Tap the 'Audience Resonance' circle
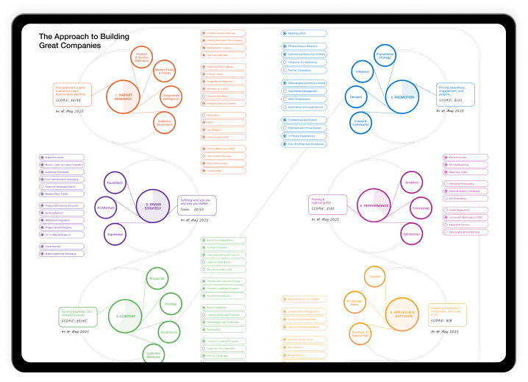pyautogui.click(x=165, y=122)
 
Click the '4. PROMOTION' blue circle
pyautogui.click(x=402, y=96)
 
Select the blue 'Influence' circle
pyautogui.click(x=362, y=72)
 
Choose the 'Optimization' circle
pyautogui.click(x=411, y=234)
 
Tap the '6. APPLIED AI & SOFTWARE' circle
pyautogui.click(x=402, y=312)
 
